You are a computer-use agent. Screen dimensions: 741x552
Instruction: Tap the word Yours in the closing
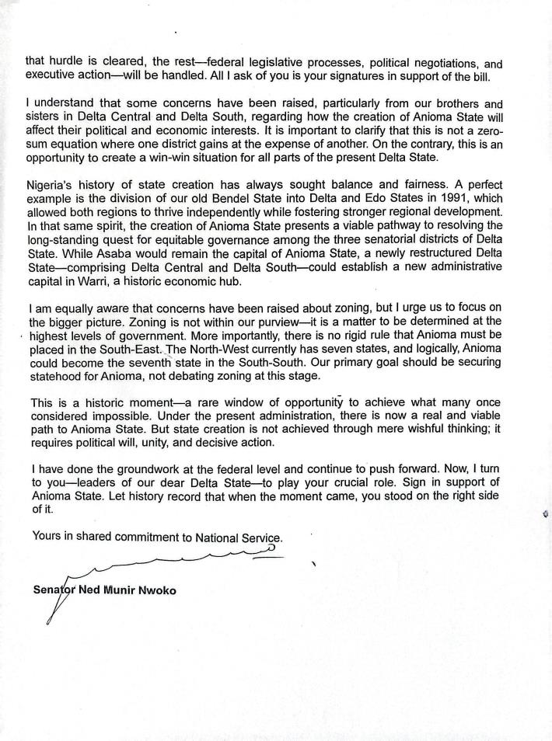tap(47, 536)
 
